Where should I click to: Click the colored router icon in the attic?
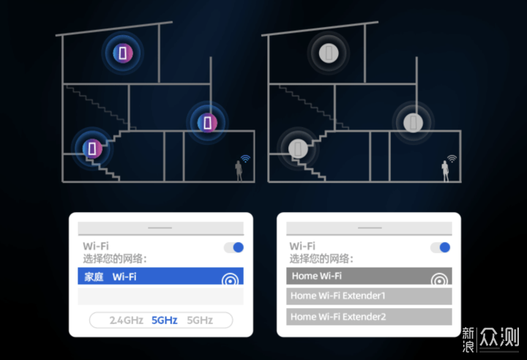tap(123, 53)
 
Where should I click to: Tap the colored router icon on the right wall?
tap(207, 122)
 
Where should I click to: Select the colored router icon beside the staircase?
tap(92, 149)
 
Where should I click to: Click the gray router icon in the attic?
tap(329, 53)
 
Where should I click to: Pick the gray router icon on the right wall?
tap(413, 122)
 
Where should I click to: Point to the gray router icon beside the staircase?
tap(298, 149)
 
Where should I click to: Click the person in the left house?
tap(239, 170)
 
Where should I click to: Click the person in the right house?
tap(445, 170)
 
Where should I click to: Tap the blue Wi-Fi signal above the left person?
tap(246, 158)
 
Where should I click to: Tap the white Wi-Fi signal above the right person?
tap(452, 158)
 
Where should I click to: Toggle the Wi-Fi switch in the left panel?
tap(234, 247)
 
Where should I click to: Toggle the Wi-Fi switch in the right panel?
tap(441, 247)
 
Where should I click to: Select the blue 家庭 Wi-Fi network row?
tap(160, 276)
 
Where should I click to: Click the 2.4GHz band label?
tap(127, 320)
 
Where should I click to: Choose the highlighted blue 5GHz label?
tap(165, 320)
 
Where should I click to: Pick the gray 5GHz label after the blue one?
tap(200, 320)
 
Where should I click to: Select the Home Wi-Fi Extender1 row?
tap(369, 296)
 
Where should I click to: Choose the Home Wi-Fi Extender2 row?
tap(369, 317)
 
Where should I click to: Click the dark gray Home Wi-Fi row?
tap(369, 276)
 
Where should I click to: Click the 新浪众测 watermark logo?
tap(490, 340)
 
